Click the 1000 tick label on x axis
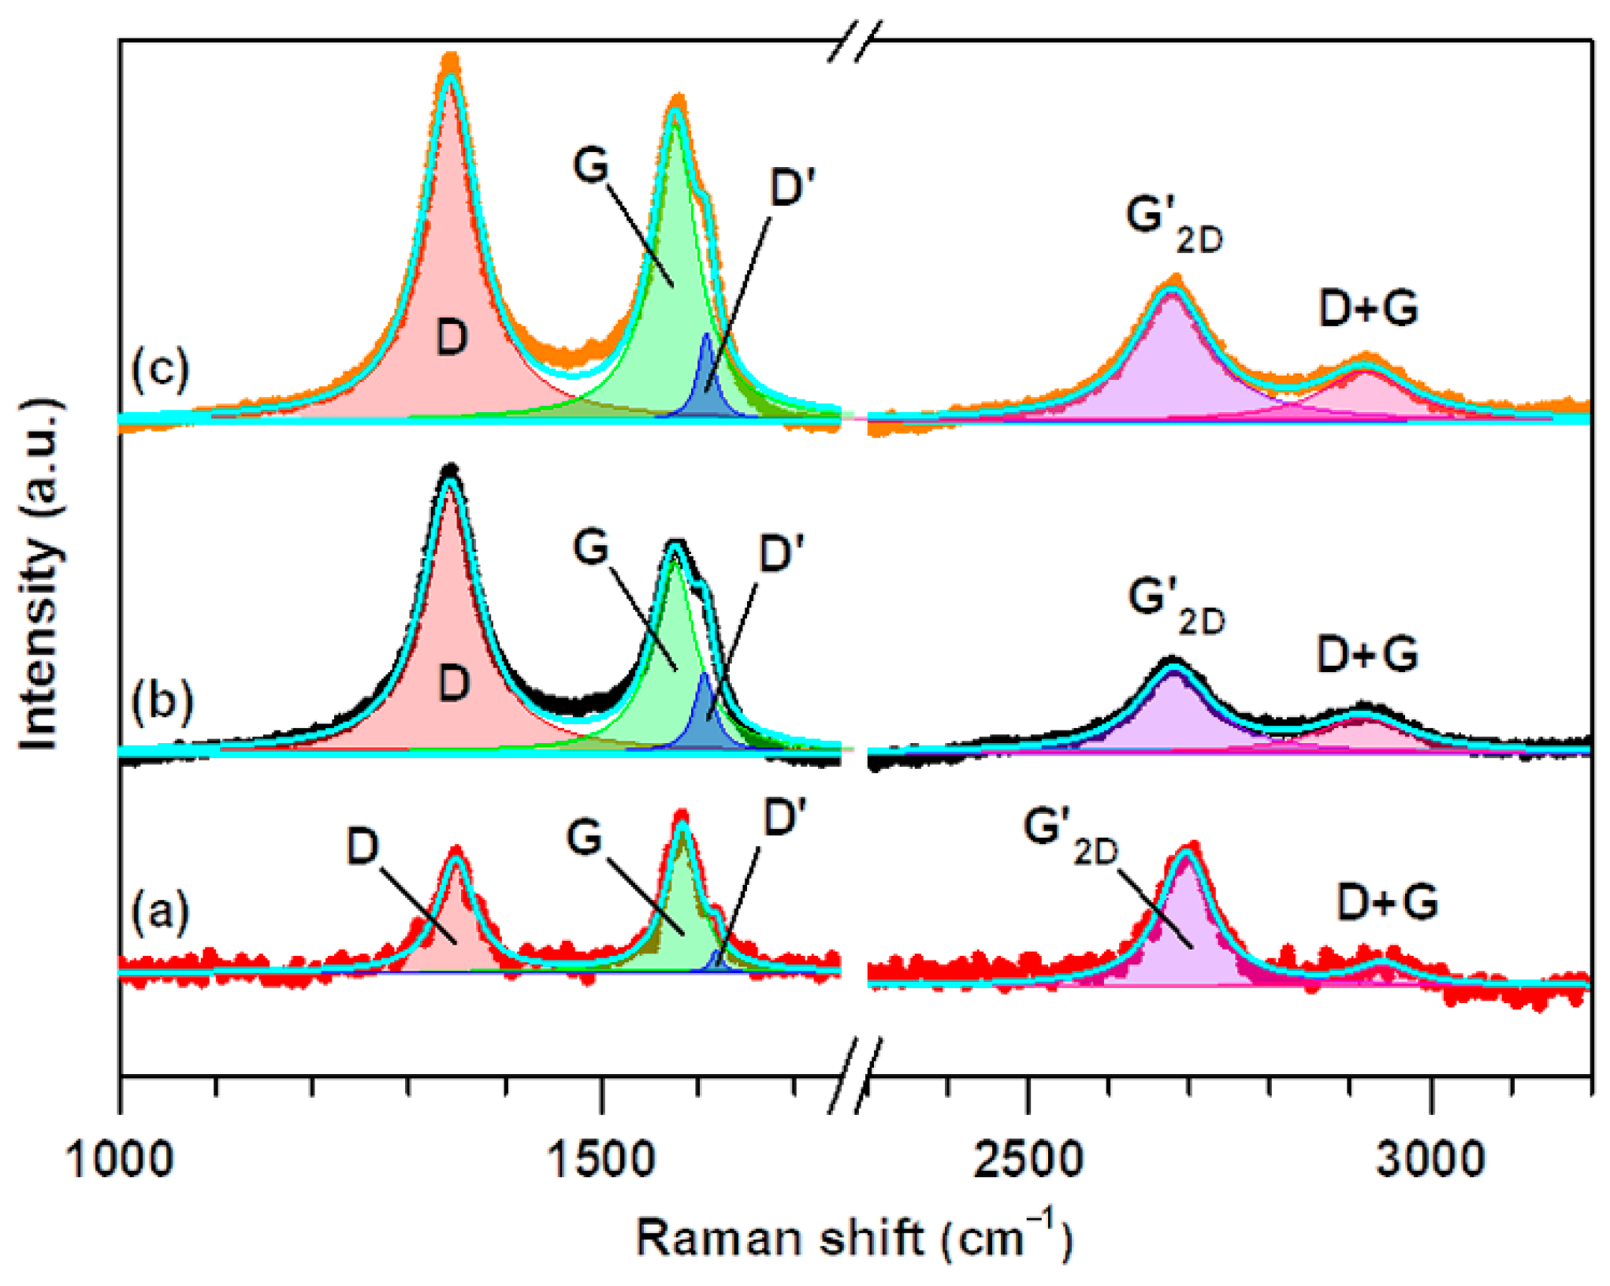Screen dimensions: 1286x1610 point(119,1161)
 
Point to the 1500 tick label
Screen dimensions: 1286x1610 point(601,1161)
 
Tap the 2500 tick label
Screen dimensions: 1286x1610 point(1028,1161)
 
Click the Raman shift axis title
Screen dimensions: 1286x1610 point(854,1238)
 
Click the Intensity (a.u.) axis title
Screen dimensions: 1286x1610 point(39,575)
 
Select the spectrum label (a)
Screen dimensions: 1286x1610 point(161,912)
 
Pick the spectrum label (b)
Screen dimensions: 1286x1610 point(162,701)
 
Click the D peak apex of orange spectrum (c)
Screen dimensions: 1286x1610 point(450,60)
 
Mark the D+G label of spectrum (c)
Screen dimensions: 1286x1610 point(1368,308)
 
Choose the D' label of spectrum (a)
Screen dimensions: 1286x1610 point(785,817)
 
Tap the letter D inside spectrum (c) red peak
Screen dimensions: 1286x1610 point(452,337)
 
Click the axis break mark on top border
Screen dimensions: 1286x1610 point(854,41)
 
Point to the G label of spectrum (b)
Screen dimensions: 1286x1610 point(591,546)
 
